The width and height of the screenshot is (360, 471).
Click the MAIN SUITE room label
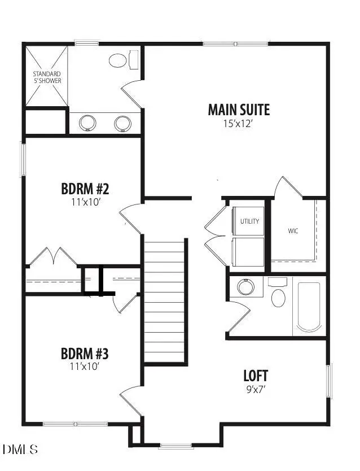point(239,109)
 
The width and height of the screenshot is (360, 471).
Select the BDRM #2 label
point(84,188)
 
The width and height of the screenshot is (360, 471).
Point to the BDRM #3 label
point(84,354)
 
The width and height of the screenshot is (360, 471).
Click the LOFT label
point(256,376)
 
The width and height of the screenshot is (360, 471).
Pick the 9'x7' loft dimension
point(256,389)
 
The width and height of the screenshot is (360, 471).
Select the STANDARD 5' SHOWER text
point(46,77)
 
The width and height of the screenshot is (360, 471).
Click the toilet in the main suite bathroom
point(118,60)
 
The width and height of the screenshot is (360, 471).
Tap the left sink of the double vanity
point(88,123)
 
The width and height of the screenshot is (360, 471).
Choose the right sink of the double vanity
point(122,123)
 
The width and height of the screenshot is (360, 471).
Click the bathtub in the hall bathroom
point(309,307)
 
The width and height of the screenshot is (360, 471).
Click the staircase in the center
point(165,302)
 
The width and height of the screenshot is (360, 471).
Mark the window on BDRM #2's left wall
point(23,159)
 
